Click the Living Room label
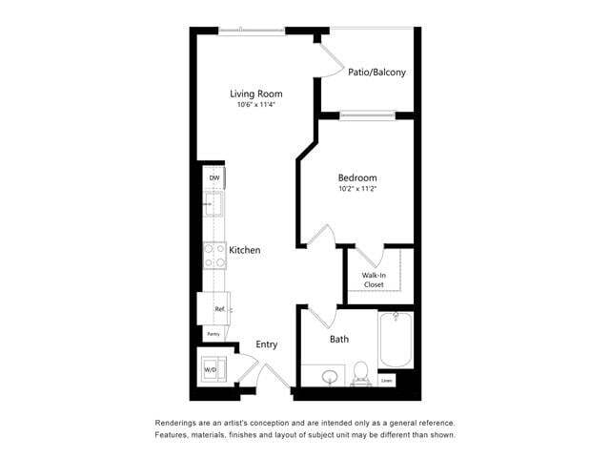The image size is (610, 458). point(255,94)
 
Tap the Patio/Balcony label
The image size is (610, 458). point(376,73)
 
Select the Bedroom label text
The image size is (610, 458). point(357,177)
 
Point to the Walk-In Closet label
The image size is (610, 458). point(373,280)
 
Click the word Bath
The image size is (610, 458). point(339,339)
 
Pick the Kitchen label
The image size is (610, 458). point(244,250)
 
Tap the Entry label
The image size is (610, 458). point(267,345)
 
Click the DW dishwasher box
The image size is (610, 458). point(214,178)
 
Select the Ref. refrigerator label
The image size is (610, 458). point(218,309)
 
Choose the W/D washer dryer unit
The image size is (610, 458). point(211,369)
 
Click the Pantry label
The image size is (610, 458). point(213,334)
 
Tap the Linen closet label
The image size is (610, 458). point(386,381)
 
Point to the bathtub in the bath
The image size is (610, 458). point(395,341)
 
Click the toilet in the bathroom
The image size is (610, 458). point(361,372)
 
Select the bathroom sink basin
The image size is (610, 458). point(330,377)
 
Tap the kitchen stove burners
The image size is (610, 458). point(213,254)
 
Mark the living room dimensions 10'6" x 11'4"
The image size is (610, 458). point(255,105)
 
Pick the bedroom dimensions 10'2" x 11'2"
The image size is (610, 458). point(357,189)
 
